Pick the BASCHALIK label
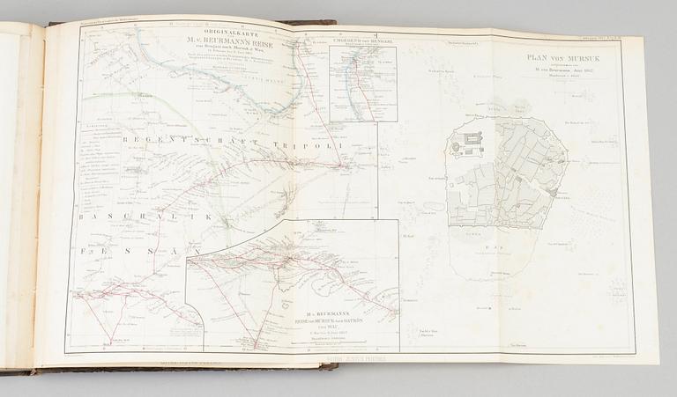pos(107,217)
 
